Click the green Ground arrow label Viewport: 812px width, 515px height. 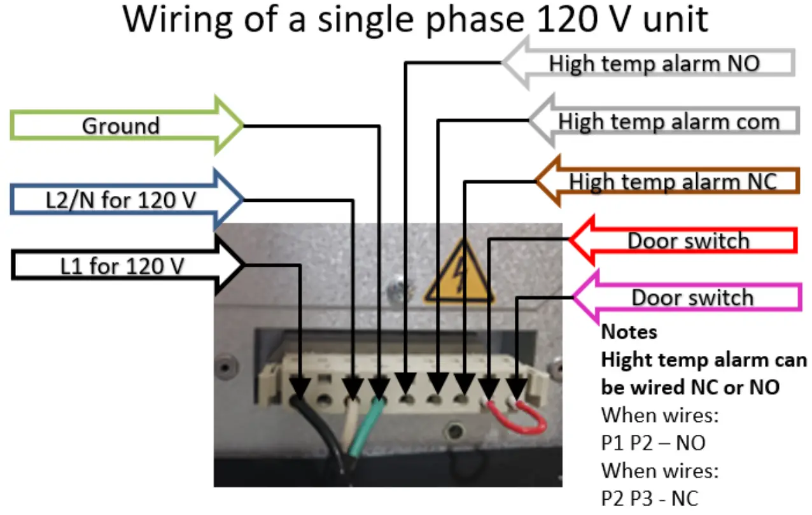(121, 125)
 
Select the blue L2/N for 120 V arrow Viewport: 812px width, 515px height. (121, 201)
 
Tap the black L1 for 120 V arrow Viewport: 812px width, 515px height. (121, 265)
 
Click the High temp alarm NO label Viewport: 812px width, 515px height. (654, 63)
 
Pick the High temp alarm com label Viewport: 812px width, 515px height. (668, 121)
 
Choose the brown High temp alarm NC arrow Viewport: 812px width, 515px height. (672, 181)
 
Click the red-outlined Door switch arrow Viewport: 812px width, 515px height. (687, 241)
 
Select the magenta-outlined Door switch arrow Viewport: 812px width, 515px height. (692, 297)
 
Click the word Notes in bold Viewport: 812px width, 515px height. (629, 332)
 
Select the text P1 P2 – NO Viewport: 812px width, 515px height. (653, 442)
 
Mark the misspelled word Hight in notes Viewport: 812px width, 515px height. (626, 360)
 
